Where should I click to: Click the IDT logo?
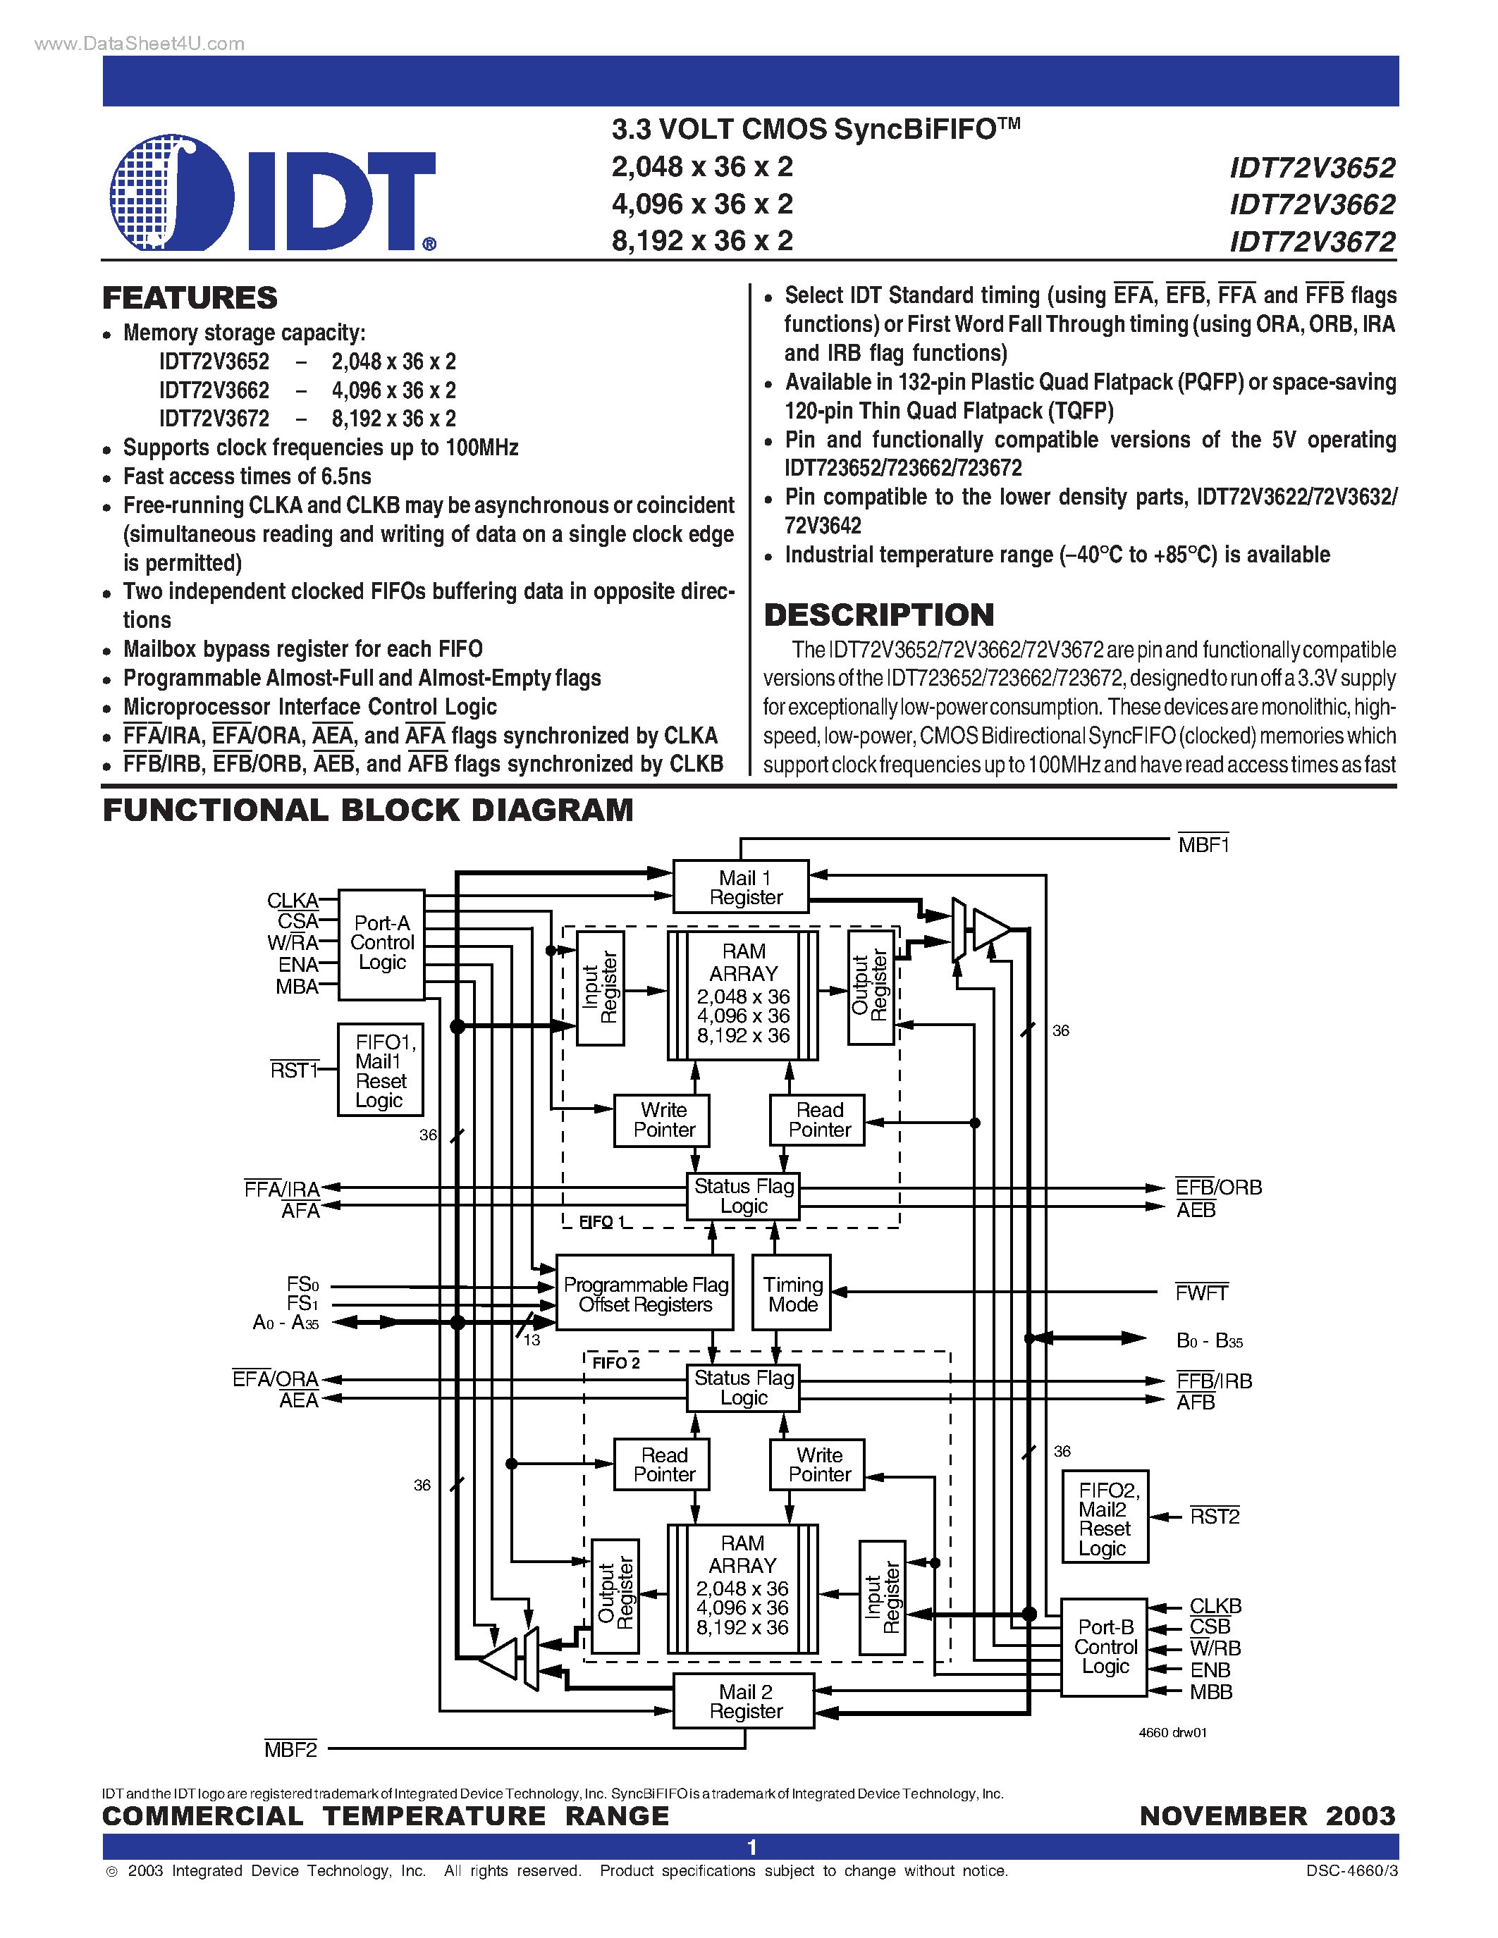coord(271,192)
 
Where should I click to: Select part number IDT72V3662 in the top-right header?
coord(1312,205)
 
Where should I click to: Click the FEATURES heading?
coord(190,298)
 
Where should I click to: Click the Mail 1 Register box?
coord(741,887)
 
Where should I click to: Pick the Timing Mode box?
coord(792,1294)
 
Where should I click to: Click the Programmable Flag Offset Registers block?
coord(645,1294)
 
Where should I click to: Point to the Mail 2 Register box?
coord(744,1701)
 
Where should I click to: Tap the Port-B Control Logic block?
coord(1105,1647)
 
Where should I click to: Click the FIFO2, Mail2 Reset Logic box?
coord(1105,1518)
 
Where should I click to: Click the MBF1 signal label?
coord(1203,845)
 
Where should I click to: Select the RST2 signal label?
coord(1214,1517)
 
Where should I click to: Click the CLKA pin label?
coord(292,901)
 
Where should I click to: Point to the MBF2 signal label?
coord(290,1749)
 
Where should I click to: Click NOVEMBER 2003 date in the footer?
coord(1267,1815)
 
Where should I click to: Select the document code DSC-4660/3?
coord(1351,1870)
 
